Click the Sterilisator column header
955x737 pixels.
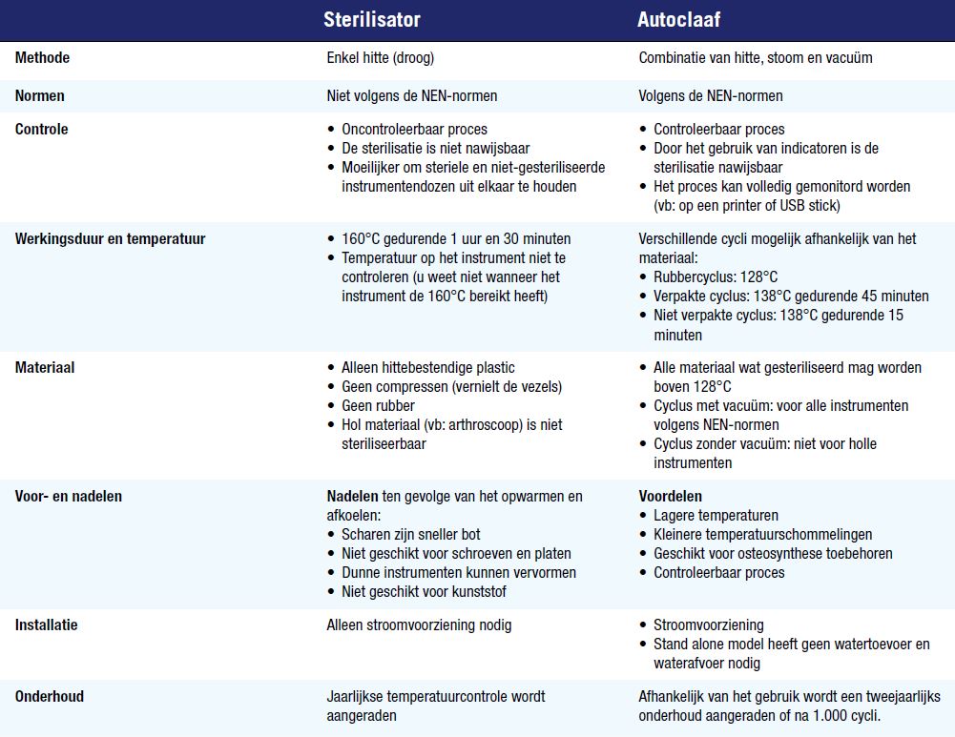pos(371,19)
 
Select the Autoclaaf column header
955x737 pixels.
pos(679,19)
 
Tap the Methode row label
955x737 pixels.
pos(42,57)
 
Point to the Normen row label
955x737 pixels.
pos(40,95)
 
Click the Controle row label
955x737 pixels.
pos(41,129)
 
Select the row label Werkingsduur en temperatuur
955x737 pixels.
pos(110,238)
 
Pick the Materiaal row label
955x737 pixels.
pos(45,367)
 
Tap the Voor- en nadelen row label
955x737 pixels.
pos(69,496)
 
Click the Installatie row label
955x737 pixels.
pos(46,624)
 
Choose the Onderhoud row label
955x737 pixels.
pos(50,696)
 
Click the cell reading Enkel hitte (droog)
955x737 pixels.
pos(380,57)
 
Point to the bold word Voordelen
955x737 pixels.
pos(670,496)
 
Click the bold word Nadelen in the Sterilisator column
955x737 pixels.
pos(352,496)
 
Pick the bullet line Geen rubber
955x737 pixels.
pos(378,405)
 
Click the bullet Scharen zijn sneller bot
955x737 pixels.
pos(410,534)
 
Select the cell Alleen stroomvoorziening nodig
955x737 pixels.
pos(419,624)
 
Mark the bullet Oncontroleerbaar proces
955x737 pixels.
pos(414,129)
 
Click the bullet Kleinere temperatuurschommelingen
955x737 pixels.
pos(762,534)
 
